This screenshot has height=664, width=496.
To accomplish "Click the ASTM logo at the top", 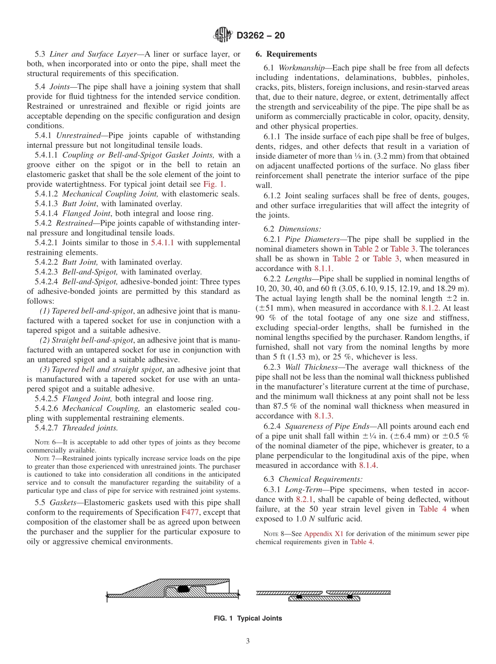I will point(222,35).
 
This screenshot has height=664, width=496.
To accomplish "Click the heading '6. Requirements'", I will point(286,54).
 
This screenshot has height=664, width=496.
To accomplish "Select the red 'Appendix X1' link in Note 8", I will point(321,533).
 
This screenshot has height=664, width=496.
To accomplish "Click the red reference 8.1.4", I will point(367,465).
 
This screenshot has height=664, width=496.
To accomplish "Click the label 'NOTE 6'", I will point(46,443).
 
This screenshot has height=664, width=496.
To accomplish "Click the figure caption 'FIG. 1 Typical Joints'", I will point(248,619).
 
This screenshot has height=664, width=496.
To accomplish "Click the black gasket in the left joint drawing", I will point(182,589).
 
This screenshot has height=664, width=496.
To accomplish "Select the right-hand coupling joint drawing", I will point(324,596).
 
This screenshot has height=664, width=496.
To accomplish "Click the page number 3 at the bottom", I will point(248,641).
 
